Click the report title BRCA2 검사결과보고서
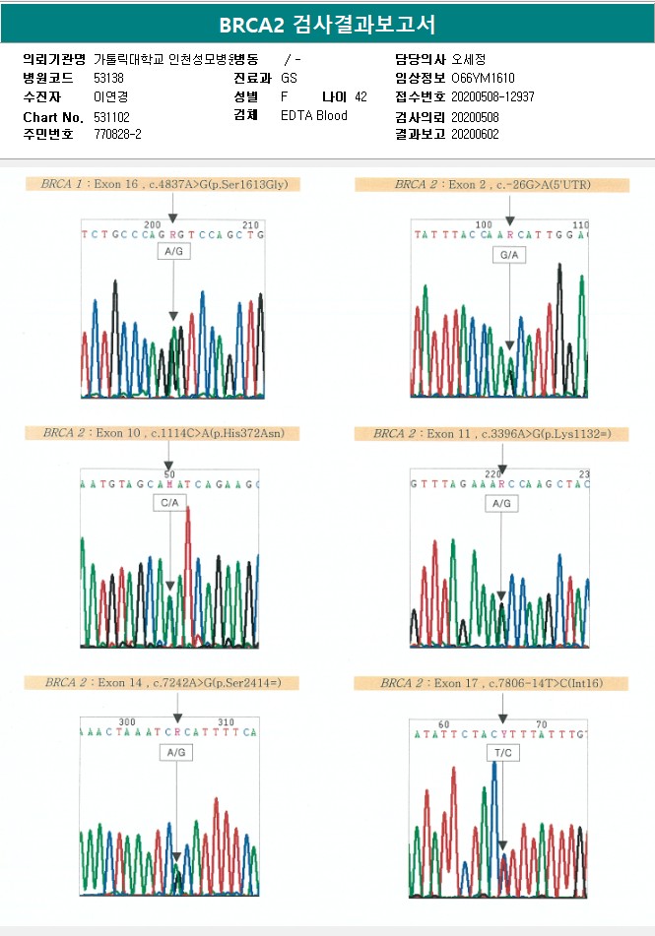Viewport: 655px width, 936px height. pos(327,25)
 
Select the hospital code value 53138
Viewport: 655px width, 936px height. pos(108,78)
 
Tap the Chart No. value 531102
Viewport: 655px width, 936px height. pos(111,116)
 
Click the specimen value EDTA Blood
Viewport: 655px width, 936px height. pos(314,116)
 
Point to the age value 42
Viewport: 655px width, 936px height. pos(360,96)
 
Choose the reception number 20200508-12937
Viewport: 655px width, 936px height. pos(492,96)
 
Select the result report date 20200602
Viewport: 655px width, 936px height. pos(475,134)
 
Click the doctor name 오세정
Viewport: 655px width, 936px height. pos(469,59)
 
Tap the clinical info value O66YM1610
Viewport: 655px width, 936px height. pos(483,78)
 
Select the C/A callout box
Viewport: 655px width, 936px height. pos(170,503)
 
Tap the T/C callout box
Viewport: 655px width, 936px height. pos(501,753)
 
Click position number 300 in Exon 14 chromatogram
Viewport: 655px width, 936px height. pos(127,721)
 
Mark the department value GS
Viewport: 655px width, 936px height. pos(289,78)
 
